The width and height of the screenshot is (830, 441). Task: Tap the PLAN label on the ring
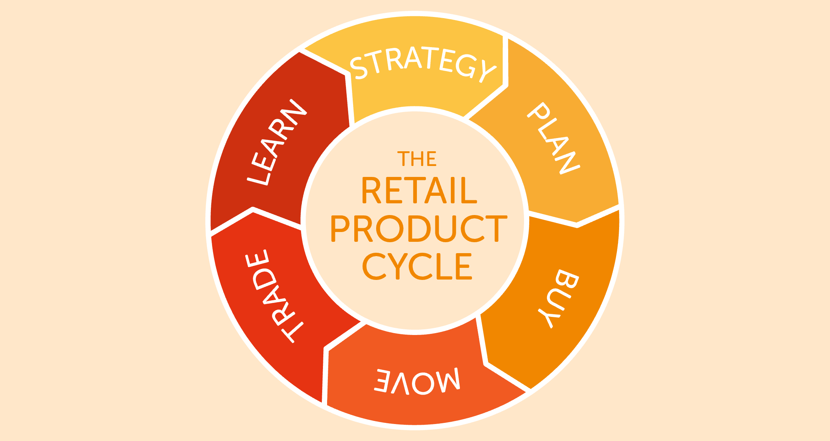[x=553, y=138]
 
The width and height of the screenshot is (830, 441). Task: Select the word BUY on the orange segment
[x=558, y=298]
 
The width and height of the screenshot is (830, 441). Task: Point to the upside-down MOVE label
[x=417, y=381]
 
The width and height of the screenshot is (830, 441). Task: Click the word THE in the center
[x=417, y=159]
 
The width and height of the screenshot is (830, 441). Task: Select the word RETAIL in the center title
[x=419, y=191]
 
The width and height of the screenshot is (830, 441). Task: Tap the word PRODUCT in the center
[x=419, y=229]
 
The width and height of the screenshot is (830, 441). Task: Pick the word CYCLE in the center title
[x=417, y=266]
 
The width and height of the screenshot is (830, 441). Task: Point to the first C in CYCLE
[x=374, y=266]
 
